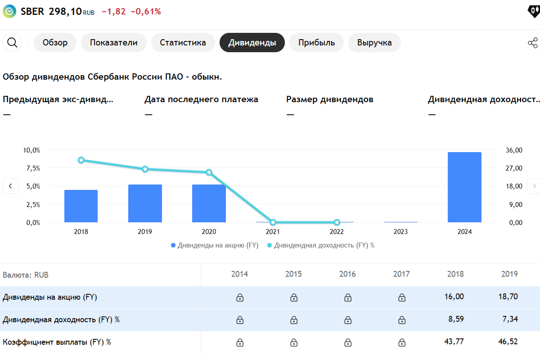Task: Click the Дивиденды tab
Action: (252, 43)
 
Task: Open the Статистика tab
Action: (183, 43)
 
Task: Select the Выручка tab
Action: (374, 43)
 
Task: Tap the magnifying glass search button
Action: (13, 43)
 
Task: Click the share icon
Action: (532, 43)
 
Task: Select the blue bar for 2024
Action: (464, 187)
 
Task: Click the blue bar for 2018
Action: (81, 206)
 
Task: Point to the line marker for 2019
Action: (145, 169)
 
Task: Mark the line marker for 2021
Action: (273, 222)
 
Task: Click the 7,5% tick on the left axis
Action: (31, 168)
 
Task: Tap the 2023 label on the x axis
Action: (400, 232)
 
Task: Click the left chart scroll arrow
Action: (10, 186)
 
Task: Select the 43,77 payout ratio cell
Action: (454, 342)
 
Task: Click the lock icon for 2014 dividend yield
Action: (240, 320)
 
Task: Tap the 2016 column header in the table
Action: (347, 274)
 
